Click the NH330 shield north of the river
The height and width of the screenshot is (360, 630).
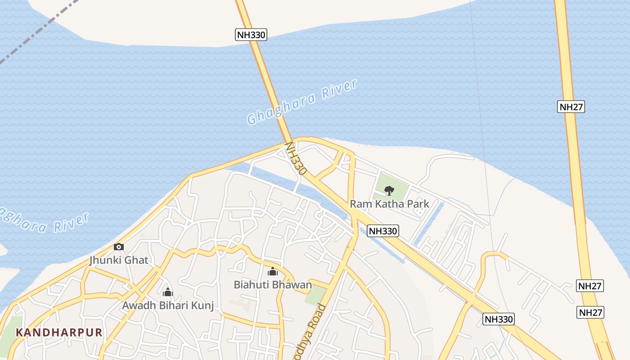pos(251,35)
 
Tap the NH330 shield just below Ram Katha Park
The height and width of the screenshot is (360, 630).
pos(383,231)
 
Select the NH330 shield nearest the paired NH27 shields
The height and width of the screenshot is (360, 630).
pos(499,319)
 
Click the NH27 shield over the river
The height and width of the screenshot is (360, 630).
pos(571,107)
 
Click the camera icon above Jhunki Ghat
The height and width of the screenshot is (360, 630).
pos(119,247)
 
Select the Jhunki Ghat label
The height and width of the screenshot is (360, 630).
pos(119,260)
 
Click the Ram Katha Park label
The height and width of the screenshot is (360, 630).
pos(390,204)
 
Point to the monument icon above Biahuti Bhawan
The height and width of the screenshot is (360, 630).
pos(273,271)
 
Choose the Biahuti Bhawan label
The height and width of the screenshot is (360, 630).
pos(273,284)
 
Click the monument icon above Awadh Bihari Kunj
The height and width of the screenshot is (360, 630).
pos(168,292)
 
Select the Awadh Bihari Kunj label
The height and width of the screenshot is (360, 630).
pos(168,305)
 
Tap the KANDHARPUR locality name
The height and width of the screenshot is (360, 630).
pos(59,333)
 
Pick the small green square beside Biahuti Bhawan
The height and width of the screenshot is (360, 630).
pos(315,295)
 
